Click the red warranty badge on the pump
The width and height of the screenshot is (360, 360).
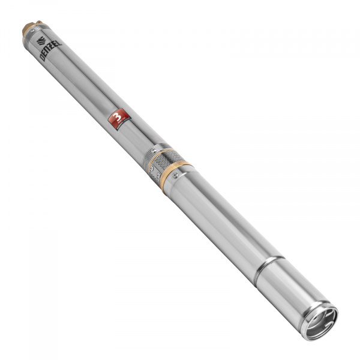click(117, 118)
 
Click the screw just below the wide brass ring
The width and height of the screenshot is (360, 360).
click(175, 176)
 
